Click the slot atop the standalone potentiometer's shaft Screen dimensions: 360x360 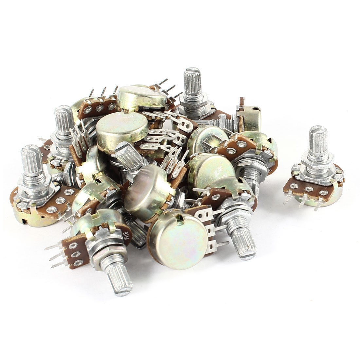coord(317,129)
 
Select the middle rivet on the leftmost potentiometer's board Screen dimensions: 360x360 coord(59,200)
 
